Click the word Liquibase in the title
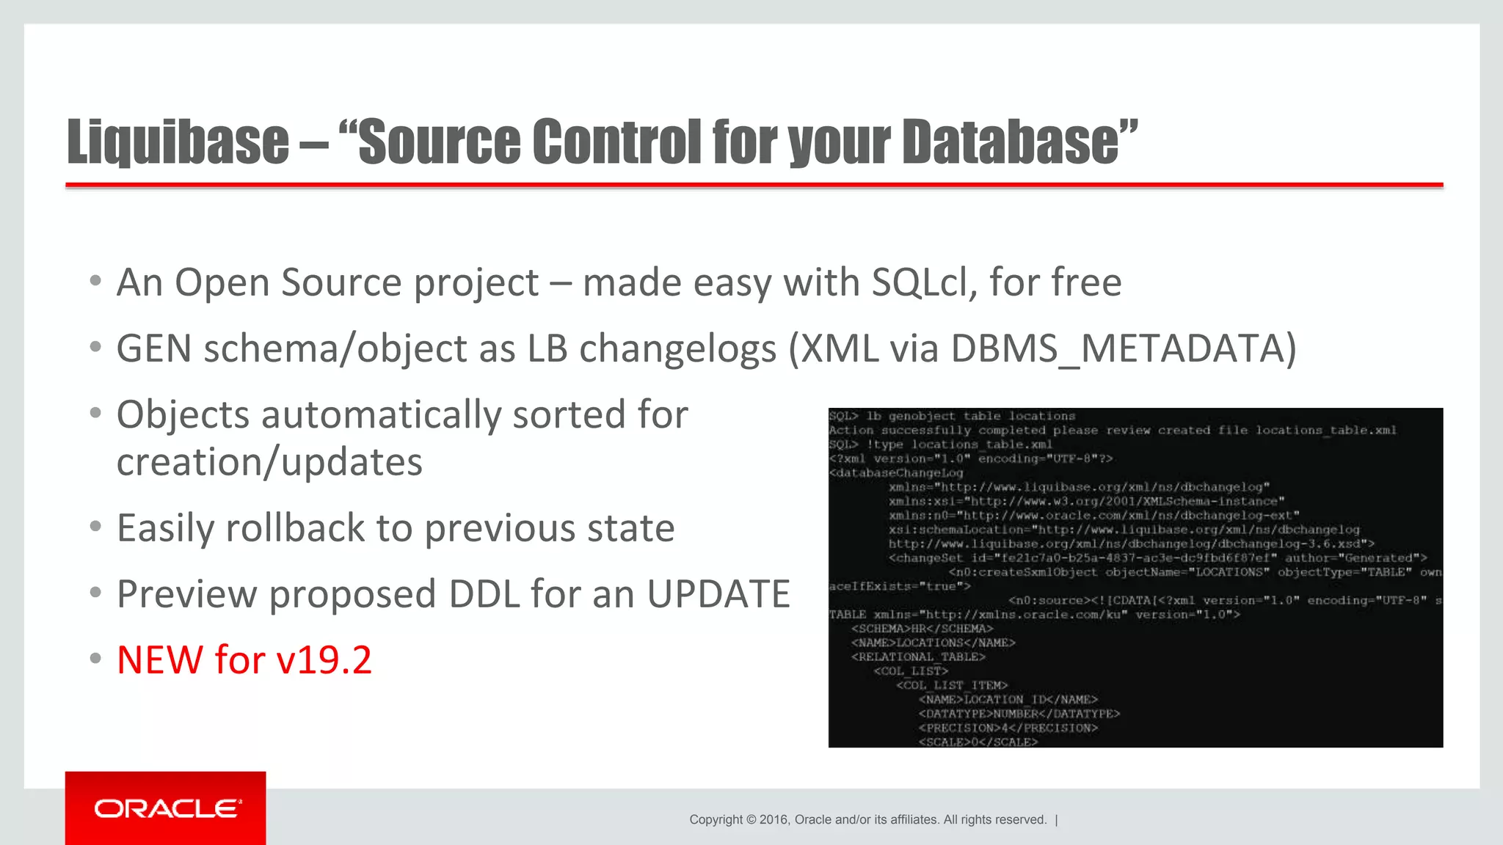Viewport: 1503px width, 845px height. pos(178,142)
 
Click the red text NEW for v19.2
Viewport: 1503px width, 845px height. pos(244,659)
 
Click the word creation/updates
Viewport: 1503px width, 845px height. pos(269,462)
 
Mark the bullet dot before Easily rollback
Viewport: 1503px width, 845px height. pos(95,527)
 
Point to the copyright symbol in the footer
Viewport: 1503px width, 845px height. pos(751,820)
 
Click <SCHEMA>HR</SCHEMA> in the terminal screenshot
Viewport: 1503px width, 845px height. pos(922,629)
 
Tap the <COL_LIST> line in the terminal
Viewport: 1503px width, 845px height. pos(910,671)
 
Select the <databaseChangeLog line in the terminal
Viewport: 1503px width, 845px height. pos(896,473)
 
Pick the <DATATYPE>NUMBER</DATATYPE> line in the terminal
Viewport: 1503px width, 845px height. pos(1019,714)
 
